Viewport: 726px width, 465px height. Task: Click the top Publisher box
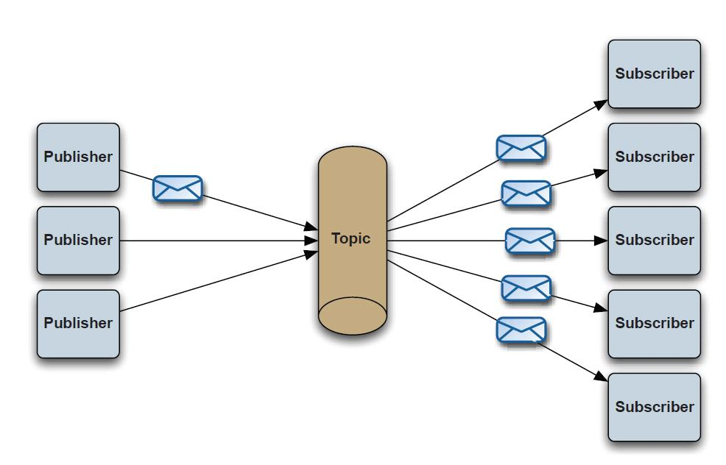click(78, 157)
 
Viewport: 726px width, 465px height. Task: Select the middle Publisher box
click(78, 241)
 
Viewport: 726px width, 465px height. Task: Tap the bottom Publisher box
click(78, 324)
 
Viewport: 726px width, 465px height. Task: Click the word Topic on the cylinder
click(351, 238)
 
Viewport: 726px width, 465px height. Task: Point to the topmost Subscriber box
click(655, 74)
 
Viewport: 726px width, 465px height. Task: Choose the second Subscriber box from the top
click(655, 157)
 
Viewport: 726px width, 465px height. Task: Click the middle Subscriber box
click(655, 241)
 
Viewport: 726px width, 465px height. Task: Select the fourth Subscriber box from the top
click(655, 324)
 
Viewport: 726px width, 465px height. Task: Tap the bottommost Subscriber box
click(655, 407)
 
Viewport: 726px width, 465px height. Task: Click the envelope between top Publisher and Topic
click(177, 188)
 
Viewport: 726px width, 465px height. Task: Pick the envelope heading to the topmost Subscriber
click(521, 148)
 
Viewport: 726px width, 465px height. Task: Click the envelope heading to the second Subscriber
click(526, 194)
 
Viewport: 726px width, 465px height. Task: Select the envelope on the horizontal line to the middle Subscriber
click(530, 241)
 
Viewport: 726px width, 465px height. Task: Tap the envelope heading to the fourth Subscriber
click(526, 288)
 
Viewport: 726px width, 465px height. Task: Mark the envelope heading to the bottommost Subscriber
click(521, 330)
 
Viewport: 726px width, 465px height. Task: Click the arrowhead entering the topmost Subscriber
click(601, 104)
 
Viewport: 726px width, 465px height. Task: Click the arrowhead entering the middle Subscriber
click(601, 241)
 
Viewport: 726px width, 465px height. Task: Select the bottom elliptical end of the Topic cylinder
click(353, 316)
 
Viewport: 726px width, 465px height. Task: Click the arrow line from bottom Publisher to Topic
click(219, 281)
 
